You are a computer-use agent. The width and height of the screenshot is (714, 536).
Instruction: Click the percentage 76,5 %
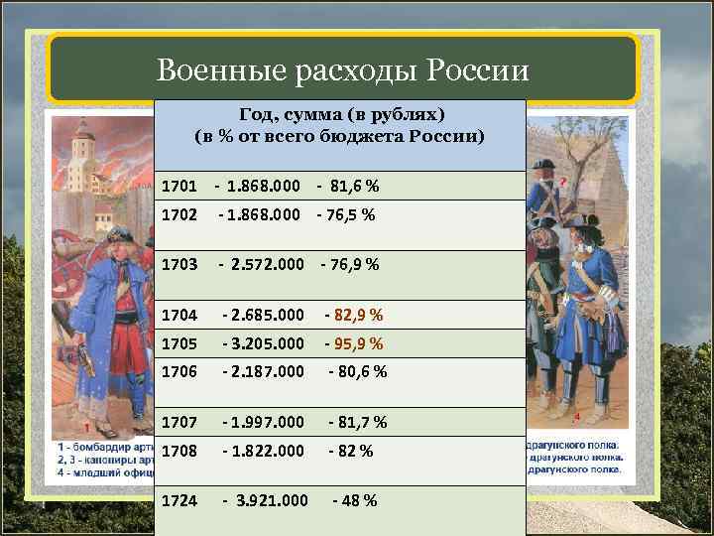(346, 214)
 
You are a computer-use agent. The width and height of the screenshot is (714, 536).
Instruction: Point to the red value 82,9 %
(354, 315)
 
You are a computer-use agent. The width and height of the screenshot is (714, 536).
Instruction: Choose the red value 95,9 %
(354, 343)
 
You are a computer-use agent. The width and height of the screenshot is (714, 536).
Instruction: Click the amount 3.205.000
(265, 343)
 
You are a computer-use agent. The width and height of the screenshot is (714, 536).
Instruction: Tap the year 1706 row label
(179, 371)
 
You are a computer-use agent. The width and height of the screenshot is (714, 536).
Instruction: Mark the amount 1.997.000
(265, 422)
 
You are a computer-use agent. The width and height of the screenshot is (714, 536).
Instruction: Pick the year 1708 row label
(179, 450)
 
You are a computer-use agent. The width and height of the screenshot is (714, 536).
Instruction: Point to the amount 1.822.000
(265, 450)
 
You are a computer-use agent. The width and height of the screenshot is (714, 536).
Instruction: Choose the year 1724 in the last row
(179, 500)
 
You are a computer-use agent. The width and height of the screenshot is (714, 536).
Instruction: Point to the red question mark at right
(563, 182)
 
